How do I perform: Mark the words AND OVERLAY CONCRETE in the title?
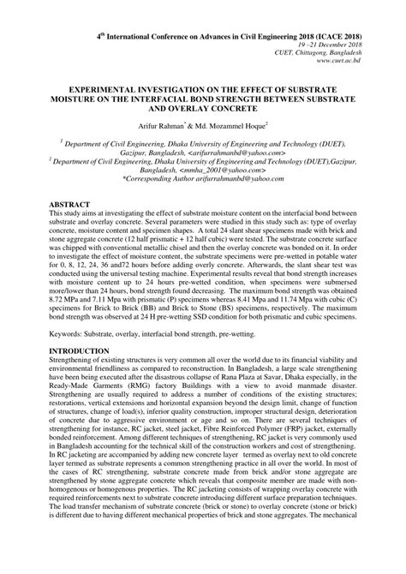tap(203, 109)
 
